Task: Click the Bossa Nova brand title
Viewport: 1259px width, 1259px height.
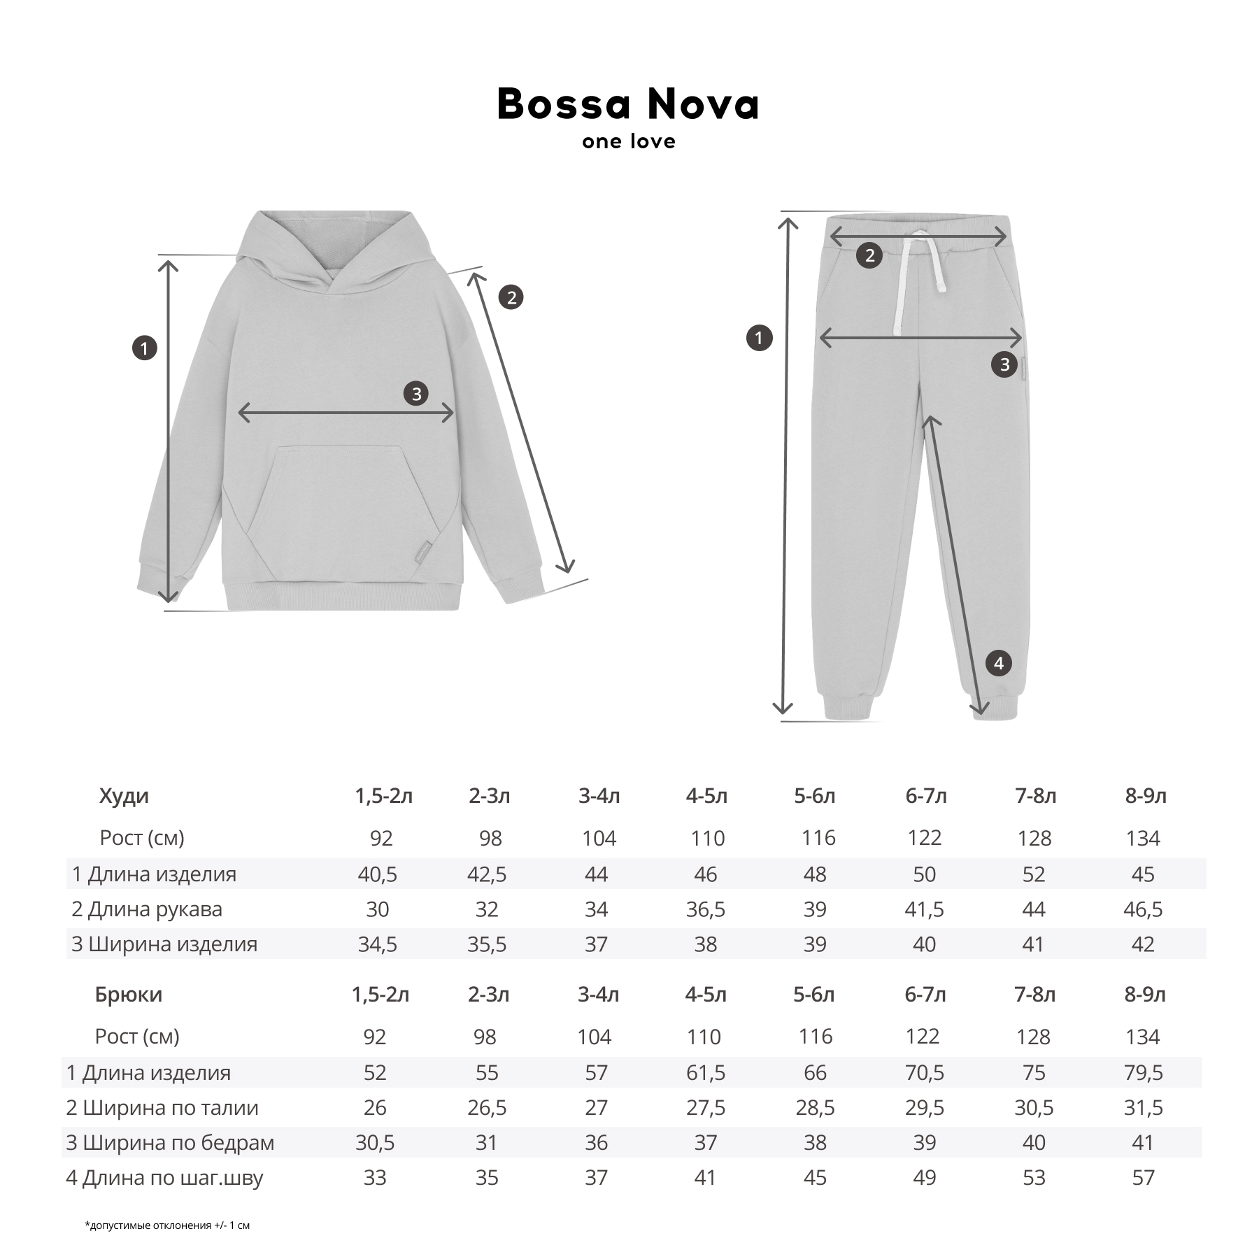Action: point(628,105)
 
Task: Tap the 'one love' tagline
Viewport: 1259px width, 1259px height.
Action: point(628,142)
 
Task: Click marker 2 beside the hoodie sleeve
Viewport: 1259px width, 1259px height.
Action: point(511,298)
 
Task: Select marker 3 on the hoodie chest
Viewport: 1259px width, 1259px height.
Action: point(416,394)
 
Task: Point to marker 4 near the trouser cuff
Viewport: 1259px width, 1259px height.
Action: point(998,663)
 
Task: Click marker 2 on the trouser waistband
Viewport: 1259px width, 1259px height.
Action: point(869,255)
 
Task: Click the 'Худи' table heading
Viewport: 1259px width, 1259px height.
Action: point(124,796)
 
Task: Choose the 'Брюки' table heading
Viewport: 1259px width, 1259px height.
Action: point(128,995)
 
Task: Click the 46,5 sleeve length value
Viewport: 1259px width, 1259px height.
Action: point(1143,909)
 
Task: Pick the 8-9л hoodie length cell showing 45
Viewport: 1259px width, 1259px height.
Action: point(1143,874)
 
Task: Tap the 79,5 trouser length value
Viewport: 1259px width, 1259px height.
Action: point(1143,1072)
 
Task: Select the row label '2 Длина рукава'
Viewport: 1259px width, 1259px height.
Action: point(147,909)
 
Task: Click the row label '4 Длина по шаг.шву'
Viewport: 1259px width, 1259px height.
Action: point(164,1178)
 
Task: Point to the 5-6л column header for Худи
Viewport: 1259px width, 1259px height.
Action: point(815,796)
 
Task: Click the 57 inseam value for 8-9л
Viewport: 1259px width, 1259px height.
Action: point(1143,1178)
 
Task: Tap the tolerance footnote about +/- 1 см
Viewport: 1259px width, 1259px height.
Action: point(167,1225)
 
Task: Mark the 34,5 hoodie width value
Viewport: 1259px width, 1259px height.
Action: point(378,944)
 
